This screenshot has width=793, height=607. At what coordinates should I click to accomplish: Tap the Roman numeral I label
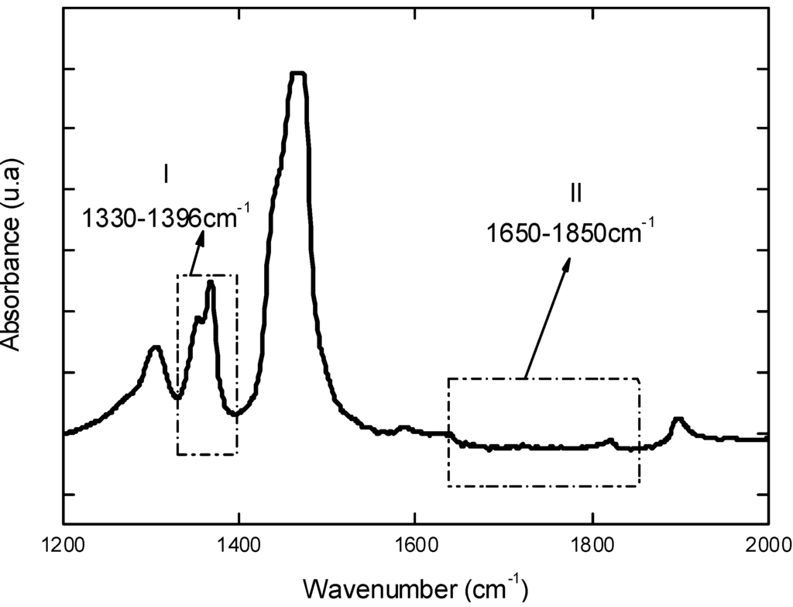click(166, 175)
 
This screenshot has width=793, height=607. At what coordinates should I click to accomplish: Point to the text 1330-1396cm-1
click(166, 217)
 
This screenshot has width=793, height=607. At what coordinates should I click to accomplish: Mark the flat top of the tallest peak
click(298, 74)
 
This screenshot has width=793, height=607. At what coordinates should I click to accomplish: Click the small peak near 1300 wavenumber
click(156, 348)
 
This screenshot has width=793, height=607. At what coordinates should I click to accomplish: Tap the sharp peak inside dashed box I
click(211, 284)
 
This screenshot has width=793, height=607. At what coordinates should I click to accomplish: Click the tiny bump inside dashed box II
click(610, 441)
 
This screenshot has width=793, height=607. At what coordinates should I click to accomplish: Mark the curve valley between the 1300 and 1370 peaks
click(178, 397)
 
